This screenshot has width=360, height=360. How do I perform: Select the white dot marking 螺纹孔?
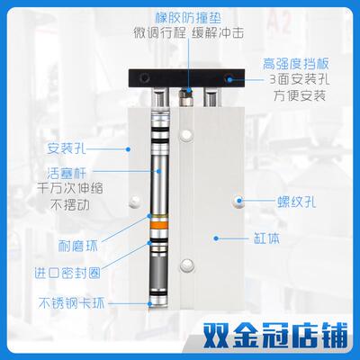point(239,200)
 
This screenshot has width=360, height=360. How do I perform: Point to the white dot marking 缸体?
point(215,238)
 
